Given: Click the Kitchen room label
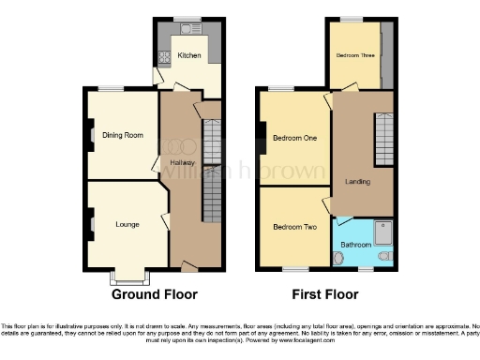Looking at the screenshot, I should point(190,55).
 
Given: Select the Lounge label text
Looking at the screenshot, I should point(127,224).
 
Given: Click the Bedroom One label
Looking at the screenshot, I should point(294,139).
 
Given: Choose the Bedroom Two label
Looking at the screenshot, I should point(294,227).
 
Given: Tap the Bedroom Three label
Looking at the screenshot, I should point(356,55).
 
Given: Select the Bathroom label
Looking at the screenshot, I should point(356,244).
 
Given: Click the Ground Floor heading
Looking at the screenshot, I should point(156,294).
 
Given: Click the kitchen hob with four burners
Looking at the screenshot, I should point(165,56).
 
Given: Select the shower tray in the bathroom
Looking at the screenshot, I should point(383,232).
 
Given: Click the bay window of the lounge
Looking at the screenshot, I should point(128,277).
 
